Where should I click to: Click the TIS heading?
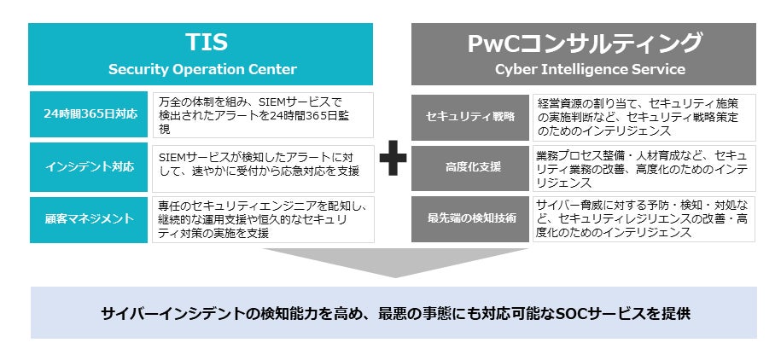pos(207,43)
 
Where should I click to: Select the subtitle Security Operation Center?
pos(202,69)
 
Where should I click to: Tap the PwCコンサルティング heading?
pos(584,43)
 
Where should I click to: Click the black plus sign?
pos(393,158)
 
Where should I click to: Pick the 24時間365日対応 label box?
pos(89,114)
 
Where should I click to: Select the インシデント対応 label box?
pos(89,167)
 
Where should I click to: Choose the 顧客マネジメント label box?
pos(89,219)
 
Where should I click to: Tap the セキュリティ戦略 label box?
pos(470,118)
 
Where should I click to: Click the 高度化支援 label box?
pos(470,168)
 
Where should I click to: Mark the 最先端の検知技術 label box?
pos(470,219)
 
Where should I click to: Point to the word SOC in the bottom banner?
pos(524,314)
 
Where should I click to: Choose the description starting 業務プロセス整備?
pos(642,169)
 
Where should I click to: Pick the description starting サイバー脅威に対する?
pos(642,219)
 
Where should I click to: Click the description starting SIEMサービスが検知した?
pos(259,165)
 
